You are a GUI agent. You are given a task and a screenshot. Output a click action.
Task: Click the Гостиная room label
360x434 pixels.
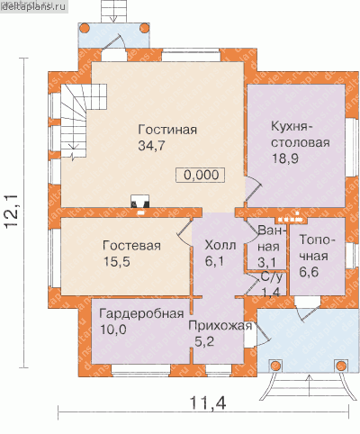click(x=167, y=130)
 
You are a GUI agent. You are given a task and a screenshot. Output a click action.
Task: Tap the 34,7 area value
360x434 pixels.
click(x=151, y=146)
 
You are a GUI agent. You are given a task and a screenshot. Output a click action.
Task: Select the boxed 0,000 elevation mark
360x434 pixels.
click(x=201, y=175)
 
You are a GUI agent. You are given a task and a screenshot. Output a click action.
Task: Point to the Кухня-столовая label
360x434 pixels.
click(x=301, y=134)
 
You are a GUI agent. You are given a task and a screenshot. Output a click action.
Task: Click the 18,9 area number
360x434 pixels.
click(x=284, y=158)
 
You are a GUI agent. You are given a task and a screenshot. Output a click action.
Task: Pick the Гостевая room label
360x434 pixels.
click(x=131, y=246)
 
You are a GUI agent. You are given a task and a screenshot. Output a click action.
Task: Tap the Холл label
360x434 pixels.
click(x=220, y=246)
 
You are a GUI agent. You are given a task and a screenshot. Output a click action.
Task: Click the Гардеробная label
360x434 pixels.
click(x=141, y=314)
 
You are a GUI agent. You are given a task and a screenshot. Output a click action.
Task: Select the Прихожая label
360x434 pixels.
click(x=220, y=326)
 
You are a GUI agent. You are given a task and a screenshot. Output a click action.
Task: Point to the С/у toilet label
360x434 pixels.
click(x=272, y=278)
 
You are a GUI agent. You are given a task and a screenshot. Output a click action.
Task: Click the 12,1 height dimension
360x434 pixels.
click(x=12, y=212)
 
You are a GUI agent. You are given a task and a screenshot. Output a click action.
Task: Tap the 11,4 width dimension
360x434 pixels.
click(x=208, y=402)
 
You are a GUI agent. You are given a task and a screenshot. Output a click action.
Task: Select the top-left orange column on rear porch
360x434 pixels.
click(x=85, y=29)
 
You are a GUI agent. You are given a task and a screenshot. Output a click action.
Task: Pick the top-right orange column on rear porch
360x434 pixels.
click(x=144, y=29)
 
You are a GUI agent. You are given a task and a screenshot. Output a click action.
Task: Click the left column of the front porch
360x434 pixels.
click(x=275, y=366)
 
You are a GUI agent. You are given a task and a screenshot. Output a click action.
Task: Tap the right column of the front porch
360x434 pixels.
click(x=341, y=366)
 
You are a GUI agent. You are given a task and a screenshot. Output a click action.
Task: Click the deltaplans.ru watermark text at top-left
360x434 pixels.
click(x=33, y=6)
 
